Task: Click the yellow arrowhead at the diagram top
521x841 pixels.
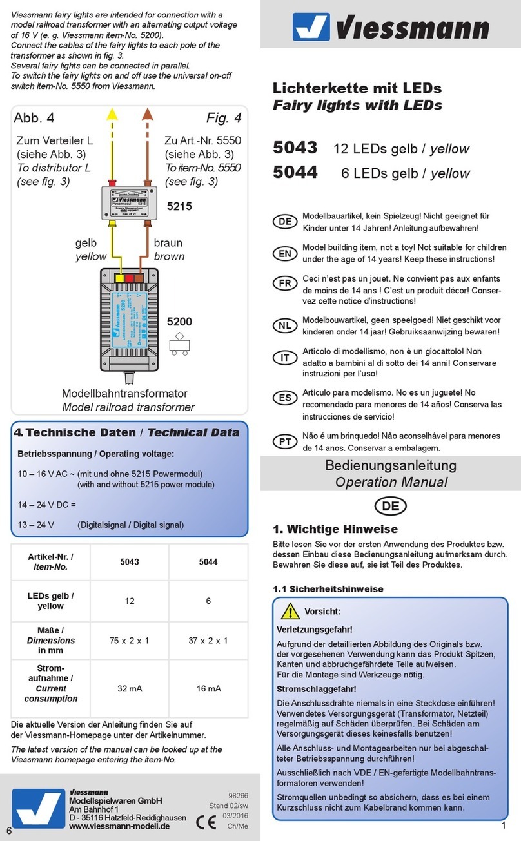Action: click(x=112, y=114)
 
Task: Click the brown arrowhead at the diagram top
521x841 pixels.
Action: click(x=147, y=114)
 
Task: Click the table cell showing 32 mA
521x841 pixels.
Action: click(x=130, y=688)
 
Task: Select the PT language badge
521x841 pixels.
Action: click(x=284, y=441)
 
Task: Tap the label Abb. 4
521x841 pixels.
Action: click(x=34, y=118)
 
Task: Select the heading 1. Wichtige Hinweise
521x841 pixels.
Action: click(x=336, y=529)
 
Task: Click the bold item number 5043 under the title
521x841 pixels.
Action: click(x=295, y=148)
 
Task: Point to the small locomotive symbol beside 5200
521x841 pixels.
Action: click(x=179, y=343)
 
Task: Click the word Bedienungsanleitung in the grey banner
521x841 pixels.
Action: click(x=391, y=465)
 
